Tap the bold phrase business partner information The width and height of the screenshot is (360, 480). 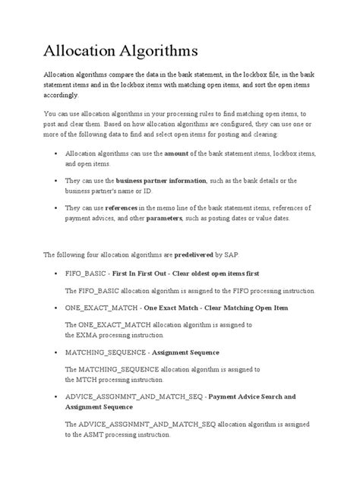pos(161,180)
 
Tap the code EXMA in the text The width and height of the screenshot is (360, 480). pos(76,334)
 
